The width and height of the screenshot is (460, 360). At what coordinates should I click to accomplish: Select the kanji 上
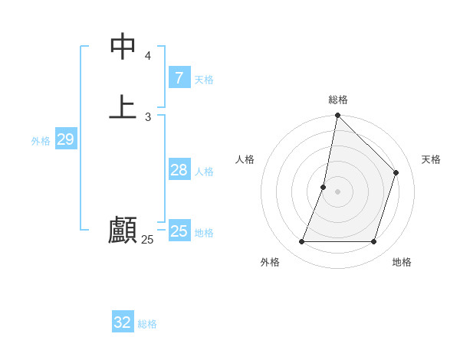click(123, 106)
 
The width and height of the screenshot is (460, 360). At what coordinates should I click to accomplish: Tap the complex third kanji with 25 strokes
click(123, 231)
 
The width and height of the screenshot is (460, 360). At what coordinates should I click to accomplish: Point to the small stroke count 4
click(148, 56)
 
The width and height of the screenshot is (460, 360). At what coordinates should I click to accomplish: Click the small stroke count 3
click(148, 117)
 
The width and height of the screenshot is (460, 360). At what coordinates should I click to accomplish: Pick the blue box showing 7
click(179, 77)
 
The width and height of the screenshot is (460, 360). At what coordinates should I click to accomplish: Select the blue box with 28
click(179, 170)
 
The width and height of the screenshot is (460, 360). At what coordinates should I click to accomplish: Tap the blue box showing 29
click(65, 139)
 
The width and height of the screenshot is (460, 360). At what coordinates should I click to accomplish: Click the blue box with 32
click(123, 322)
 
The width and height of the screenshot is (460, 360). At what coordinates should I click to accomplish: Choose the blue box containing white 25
click(179, 231)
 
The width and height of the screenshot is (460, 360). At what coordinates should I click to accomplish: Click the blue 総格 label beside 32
click(147, 324)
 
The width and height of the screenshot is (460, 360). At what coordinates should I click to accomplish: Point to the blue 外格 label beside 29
click(41, 141)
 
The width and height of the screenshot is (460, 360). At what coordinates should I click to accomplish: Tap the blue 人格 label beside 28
click(204, 172)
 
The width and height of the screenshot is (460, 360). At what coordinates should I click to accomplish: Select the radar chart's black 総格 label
click(338, 100)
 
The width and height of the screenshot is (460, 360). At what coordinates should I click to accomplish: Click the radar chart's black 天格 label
click(431, 159)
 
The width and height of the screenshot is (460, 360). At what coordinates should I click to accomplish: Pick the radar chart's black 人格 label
click(245, 159)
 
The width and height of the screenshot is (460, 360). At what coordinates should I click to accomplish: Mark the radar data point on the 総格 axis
click(337, 116)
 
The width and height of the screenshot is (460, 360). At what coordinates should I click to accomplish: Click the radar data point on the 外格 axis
click(301, 242)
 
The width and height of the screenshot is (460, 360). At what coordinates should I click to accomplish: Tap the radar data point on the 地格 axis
click(374, 242)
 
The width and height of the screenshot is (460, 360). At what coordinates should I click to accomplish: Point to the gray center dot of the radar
click(337, 191)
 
